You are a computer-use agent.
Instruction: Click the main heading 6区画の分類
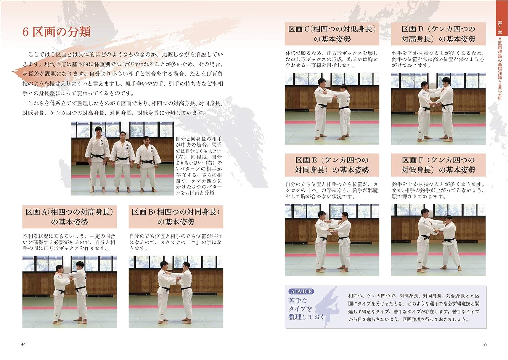[x=57, y=32]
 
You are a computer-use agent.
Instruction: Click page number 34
[x=23, y=344]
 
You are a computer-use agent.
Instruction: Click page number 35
[x=485, y=344]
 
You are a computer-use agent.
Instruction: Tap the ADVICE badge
[x=301, y=291]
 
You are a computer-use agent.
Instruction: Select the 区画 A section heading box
[x=69, y=217]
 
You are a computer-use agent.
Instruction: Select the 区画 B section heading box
[x=176, y=217]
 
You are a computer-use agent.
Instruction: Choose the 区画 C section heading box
[x=332, y=34]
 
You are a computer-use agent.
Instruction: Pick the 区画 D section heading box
[x=438, y=34]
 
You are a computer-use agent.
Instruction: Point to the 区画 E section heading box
[x=332, y=165]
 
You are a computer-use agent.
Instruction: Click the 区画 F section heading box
[x=438, y=165]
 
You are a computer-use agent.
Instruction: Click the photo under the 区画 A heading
[x=69, y=292]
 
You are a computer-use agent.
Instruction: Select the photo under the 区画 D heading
[x=438, y=109]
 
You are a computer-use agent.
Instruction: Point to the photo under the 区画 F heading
[x=438, y=240]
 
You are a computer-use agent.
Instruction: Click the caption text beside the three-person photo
[x=199, y=166]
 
